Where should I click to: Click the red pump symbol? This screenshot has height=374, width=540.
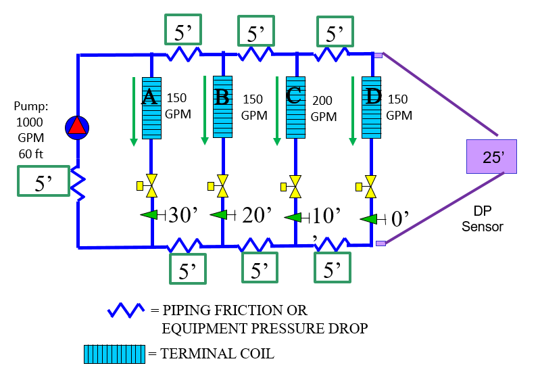coord(77,126)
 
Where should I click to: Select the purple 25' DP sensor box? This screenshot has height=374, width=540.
coord(491,157)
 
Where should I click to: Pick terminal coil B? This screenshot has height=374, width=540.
coord(222,108)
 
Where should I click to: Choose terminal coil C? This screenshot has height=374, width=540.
coord(295,108)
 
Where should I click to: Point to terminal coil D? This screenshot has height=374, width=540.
coord(371,108)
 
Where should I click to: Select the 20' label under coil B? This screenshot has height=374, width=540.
coord(257,215)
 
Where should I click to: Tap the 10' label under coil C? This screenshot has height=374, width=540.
coord(326,216)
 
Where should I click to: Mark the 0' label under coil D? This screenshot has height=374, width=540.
coord(401,218)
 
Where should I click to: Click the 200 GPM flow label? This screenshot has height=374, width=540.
coord(323,108)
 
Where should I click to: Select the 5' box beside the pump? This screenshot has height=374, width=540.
coord(44,181)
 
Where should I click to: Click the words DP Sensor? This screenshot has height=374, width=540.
coord(483,219)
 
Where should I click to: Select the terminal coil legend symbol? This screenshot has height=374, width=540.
coord(114,352)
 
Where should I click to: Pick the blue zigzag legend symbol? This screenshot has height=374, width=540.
coord(126,310)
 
